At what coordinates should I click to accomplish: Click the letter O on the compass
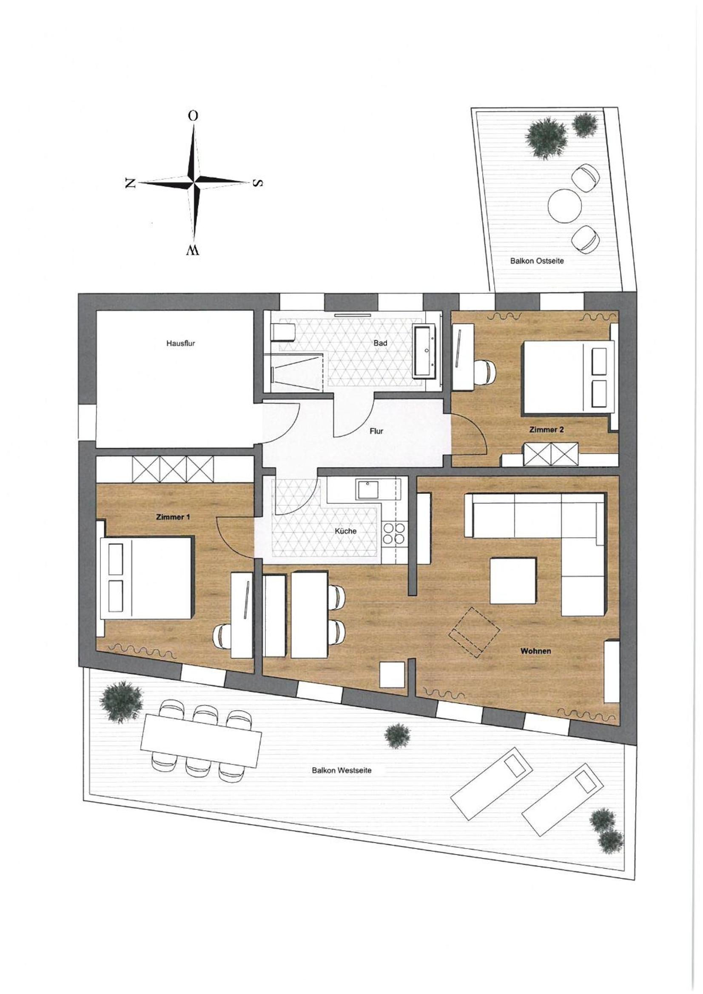[x=193, y=116]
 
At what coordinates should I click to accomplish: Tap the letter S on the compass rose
[x=258, y=183]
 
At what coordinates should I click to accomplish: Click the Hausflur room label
[x=180, y=343]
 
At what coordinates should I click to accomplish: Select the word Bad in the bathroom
[x=380, y=343]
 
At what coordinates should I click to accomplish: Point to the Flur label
[x=376, y=431]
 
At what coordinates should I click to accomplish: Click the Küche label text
[x=346, y=531]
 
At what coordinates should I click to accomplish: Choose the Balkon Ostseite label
[x=537, y=261]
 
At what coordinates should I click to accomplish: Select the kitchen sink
[x=367, y=490]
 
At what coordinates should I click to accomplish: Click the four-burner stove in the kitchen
[x=395, y=533]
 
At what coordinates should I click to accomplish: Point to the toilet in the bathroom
[x=283, y=333]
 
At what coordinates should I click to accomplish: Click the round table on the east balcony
[x=564, y=206]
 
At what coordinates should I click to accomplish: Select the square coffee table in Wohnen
[x=513, y=581]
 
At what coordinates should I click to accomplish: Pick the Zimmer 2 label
[x=546, y=430]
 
